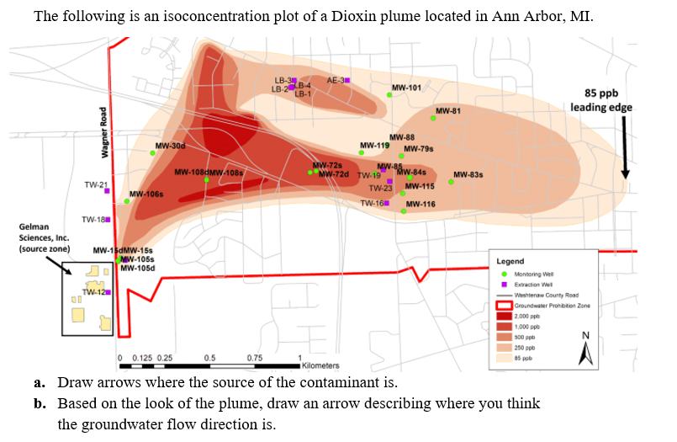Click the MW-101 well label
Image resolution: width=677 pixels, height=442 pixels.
coord(407,87)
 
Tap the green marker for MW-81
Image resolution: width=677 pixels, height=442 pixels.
coord(433,119)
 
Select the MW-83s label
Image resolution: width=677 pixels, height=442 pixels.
coord(468,175)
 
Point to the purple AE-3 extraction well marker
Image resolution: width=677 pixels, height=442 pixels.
coord(348,80)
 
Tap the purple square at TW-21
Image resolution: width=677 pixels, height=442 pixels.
coord(108,191)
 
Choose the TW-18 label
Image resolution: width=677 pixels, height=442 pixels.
coord(93,219)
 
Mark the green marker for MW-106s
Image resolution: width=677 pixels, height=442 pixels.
coord(127,201)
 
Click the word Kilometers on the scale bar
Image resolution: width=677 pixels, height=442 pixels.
coord(320,366)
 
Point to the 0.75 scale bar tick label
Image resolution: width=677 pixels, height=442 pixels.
coord(254,358)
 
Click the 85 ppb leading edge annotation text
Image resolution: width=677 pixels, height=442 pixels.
coord(600,100)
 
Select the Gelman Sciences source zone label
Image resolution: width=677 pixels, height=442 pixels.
coord(44,238)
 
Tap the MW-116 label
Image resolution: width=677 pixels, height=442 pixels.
coord(420,205)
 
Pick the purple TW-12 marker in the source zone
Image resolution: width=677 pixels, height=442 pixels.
coord(108,292)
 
